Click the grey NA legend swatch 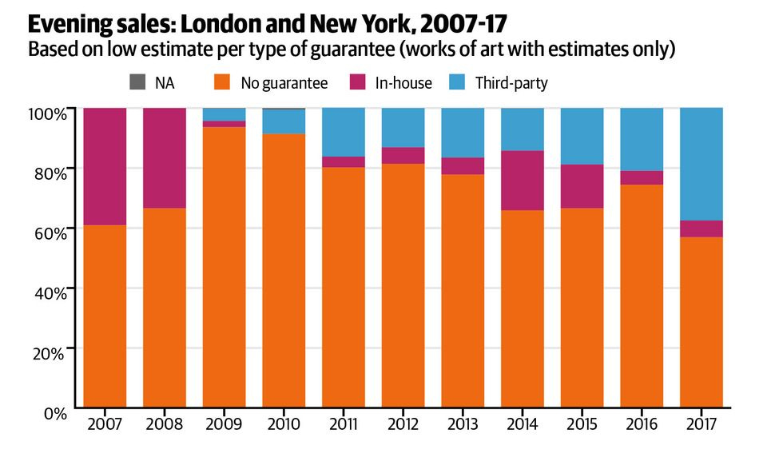(x=136, y=81)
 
